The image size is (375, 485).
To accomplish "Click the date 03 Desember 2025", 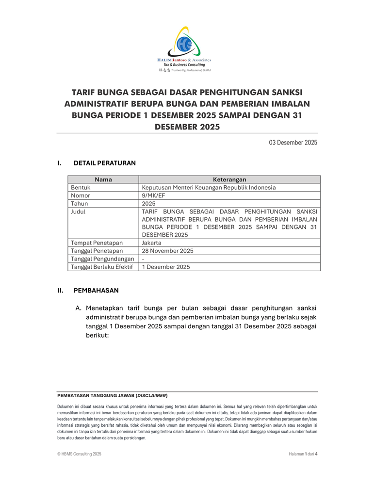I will (x=293, y=143).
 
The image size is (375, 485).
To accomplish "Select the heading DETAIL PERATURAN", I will (x=104, y=163).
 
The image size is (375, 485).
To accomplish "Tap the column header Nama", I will (x=103, y=179).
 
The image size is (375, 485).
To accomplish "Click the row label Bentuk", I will (x=81, y=187).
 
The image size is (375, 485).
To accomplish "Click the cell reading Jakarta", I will (x=151, y=242).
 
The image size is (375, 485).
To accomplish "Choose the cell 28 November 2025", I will (x=167, y=251).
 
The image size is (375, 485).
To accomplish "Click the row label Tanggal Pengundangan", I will (x=102, y=259).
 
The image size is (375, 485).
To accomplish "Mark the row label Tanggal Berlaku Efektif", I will (x=102, y=267).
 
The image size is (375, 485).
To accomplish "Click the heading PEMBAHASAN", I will (x=96, y=291).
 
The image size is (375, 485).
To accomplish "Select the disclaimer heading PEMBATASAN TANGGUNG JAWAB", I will (x=113, y=395).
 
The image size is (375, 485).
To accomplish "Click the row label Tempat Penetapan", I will (x=97, y=242).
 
